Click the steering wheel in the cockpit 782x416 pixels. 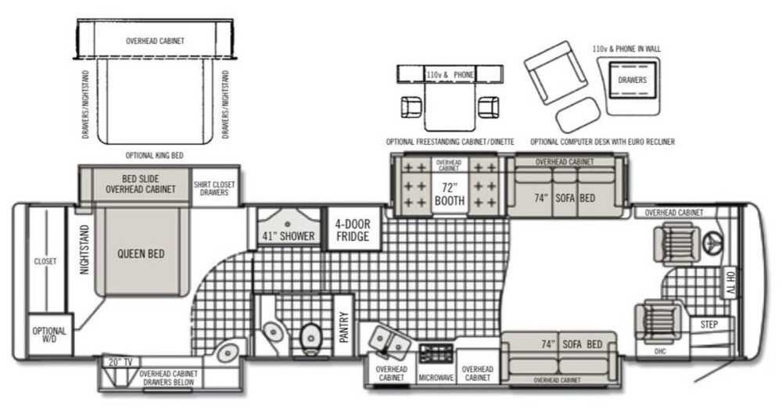(714, 243)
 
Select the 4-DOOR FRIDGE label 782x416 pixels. (353, 230)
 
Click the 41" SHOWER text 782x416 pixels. (289, 236)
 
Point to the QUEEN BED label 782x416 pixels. (141, 254)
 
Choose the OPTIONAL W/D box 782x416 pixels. (50, 334)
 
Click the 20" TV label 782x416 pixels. (120, 362)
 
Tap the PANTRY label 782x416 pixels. (343, 327)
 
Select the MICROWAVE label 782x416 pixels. (436, 378)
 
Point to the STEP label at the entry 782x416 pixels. (708, 325)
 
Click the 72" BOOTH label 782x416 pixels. (450, 195)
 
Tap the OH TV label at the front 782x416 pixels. (730, 283)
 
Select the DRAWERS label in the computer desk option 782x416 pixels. (632, 80)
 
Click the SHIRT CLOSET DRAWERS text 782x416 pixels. (214, 188)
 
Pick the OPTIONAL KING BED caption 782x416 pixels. (154, 156)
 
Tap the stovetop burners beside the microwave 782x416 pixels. (436, 353)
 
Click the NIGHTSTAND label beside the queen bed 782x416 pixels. (84, 249)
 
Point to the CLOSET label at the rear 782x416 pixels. (45, 261)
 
